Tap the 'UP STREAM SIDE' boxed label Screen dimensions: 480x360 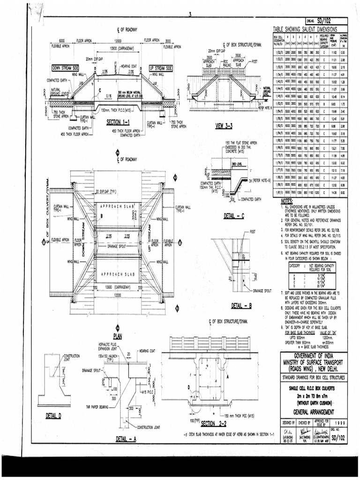[x=161, y=68]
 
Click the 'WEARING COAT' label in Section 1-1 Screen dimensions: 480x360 [x=128, y=66]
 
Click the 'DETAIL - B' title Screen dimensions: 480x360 [x=242, y=306]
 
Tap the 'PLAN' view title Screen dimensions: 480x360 [x=118, y=336]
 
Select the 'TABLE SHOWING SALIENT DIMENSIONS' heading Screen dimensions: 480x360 [x=309, y=29]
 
